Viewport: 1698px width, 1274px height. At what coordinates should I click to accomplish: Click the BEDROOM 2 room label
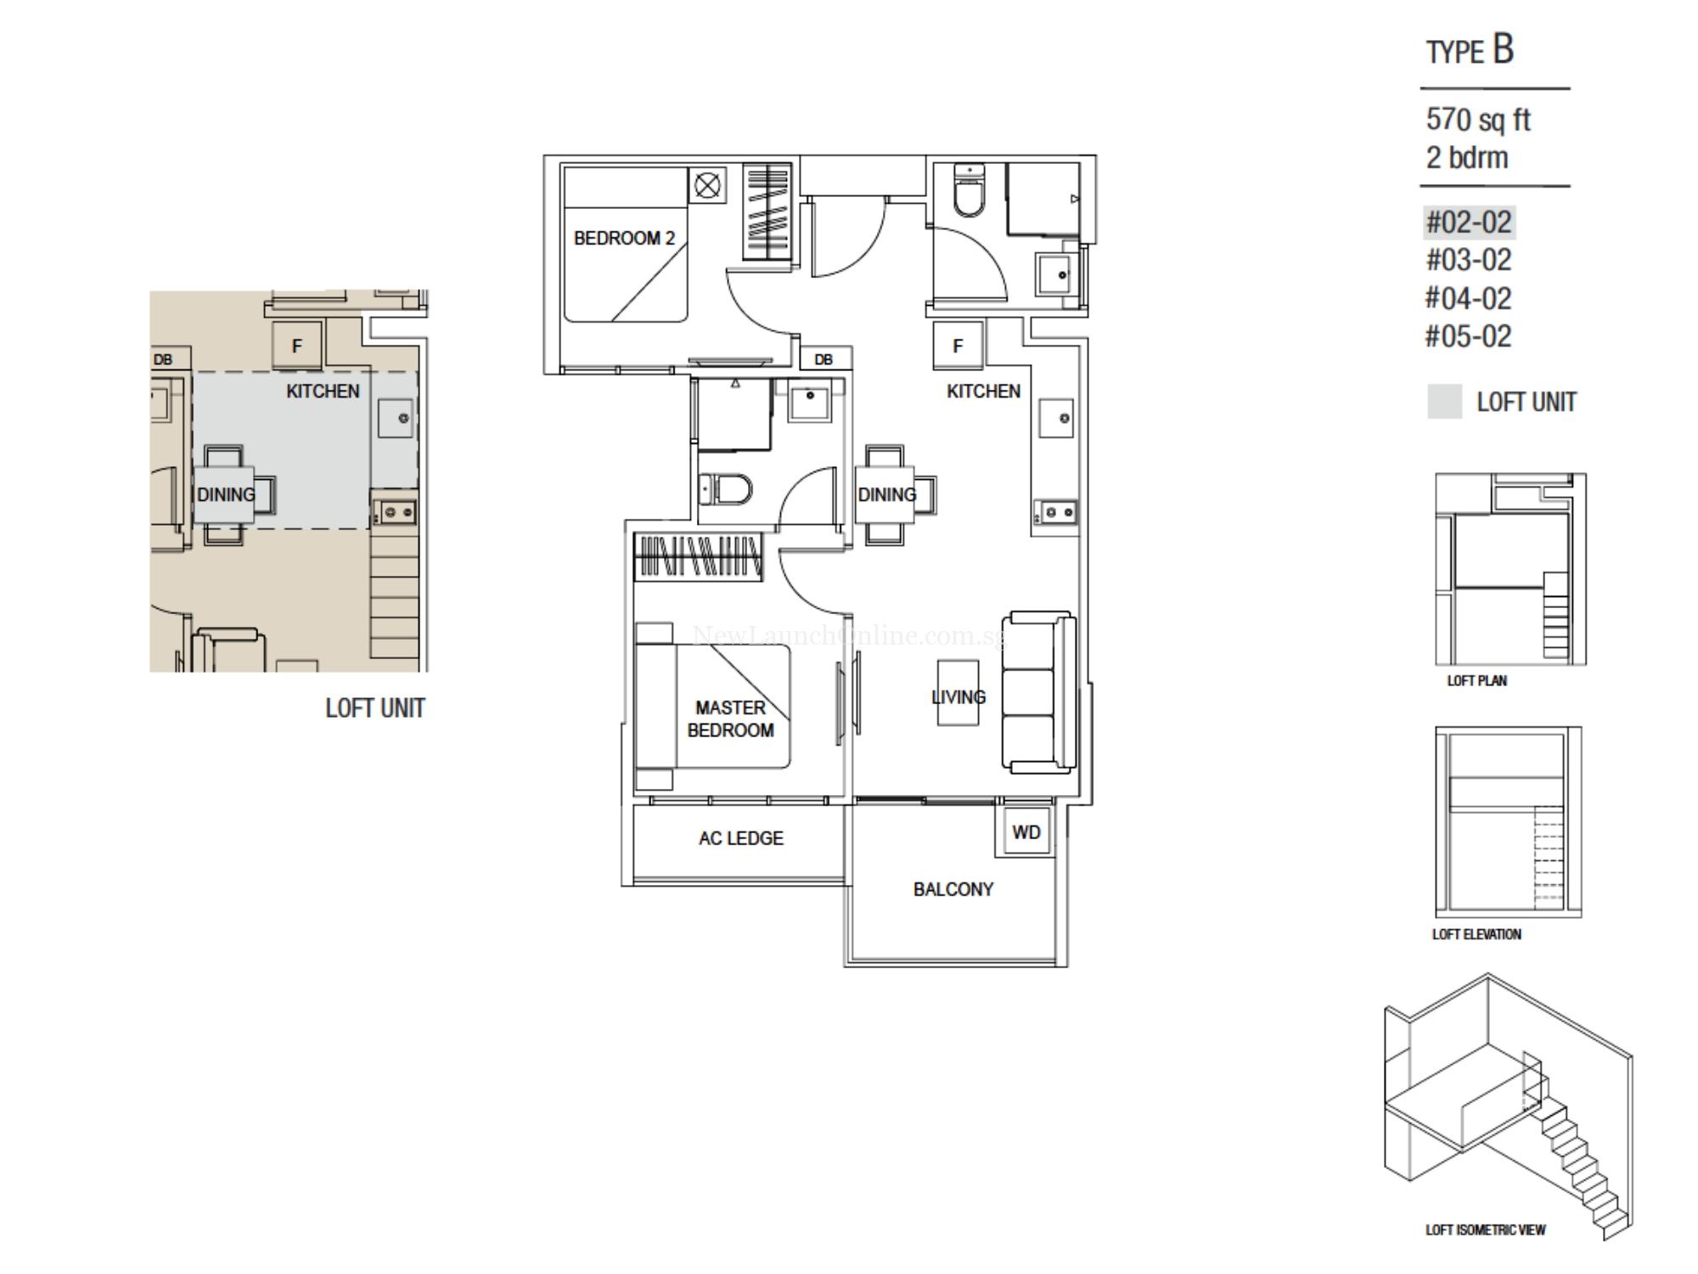coord(624,238)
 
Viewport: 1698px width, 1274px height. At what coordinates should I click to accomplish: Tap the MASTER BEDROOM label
coord(730,719)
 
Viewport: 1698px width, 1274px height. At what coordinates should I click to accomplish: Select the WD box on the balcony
coord(1026,831)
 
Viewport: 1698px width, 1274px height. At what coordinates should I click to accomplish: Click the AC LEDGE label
coord(740,838)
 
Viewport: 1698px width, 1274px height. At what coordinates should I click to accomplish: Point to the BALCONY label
coord(953,889)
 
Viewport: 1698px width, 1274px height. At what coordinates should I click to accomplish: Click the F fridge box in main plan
coord(958,346)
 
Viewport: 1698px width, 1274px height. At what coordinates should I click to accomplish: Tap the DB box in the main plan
coord(823,359)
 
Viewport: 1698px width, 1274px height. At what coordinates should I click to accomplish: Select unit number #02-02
coord(1469,223)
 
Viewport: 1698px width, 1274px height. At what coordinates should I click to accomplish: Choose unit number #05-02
coord(1469,336)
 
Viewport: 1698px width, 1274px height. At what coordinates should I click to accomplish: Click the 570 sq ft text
coord(1478,120)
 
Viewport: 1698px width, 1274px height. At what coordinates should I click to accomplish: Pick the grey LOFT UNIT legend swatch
coord(1444,402)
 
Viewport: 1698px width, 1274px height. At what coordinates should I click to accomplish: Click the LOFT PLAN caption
coord(1476,680)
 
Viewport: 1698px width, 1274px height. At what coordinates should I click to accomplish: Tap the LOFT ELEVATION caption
coord(1476,934)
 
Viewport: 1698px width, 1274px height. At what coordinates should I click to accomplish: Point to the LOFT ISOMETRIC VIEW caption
coord(1486,1230)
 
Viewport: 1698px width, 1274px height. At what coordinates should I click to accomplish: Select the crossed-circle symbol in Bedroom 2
coord(707,185)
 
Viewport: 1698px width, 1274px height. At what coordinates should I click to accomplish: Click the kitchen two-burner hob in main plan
coord(1055,513)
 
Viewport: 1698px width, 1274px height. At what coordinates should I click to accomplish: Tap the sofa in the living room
coord(1040,692)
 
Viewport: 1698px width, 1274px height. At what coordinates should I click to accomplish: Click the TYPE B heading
coord(1470,51)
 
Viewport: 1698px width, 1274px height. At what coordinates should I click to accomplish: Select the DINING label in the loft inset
coord(226,494)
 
